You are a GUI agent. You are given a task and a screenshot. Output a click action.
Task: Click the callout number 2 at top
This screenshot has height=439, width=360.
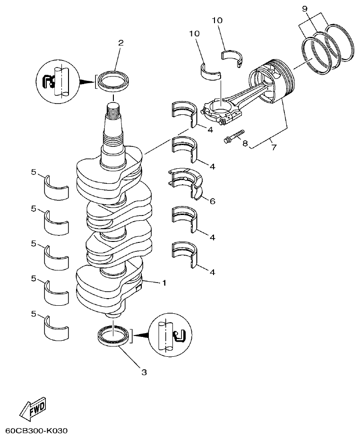[x=120, y=43]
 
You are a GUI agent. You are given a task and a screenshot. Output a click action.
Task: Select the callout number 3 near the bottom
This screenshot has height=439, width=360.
[x=144, y=372]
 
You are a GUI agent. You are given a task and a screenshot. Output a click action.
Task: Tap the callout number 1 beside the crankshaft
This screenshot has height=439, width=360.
[x=164, y=283]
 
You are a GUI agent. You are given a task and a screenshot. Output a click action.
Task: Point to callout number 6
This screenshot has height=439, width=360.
[x=212, y=201]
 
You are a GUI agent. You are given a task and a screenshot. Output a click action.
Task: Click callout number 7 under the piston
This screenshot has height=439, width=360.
[x=274, y=147]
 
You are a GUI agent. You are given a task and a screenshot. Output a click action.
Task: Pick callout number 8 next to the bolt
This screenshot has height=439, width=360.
[x=245, y=143]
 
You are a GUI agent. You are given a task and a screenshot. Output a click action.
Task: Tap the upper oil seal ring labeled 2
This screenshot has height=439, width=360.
[x=113, y=81]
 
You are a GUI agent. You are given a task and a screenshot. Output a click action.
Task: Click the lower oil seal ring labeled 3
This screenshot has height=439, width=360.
[x=113, y=336]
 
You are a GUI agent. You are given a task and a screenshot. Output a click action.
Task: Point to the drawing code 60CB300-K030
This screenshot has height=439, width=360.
[x=37, y=431]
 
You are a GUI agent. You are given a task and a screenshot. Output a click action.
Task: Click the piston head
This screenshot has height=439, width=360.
[x=274, y=80]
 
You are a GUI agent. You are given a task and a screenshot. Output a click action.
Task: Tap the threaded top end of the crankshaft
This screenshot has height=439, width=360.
[x=113, y=113]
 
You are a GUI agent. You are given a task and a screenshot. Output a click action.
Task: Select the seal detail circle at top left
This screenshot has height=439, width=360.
[x=57, y=81]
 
